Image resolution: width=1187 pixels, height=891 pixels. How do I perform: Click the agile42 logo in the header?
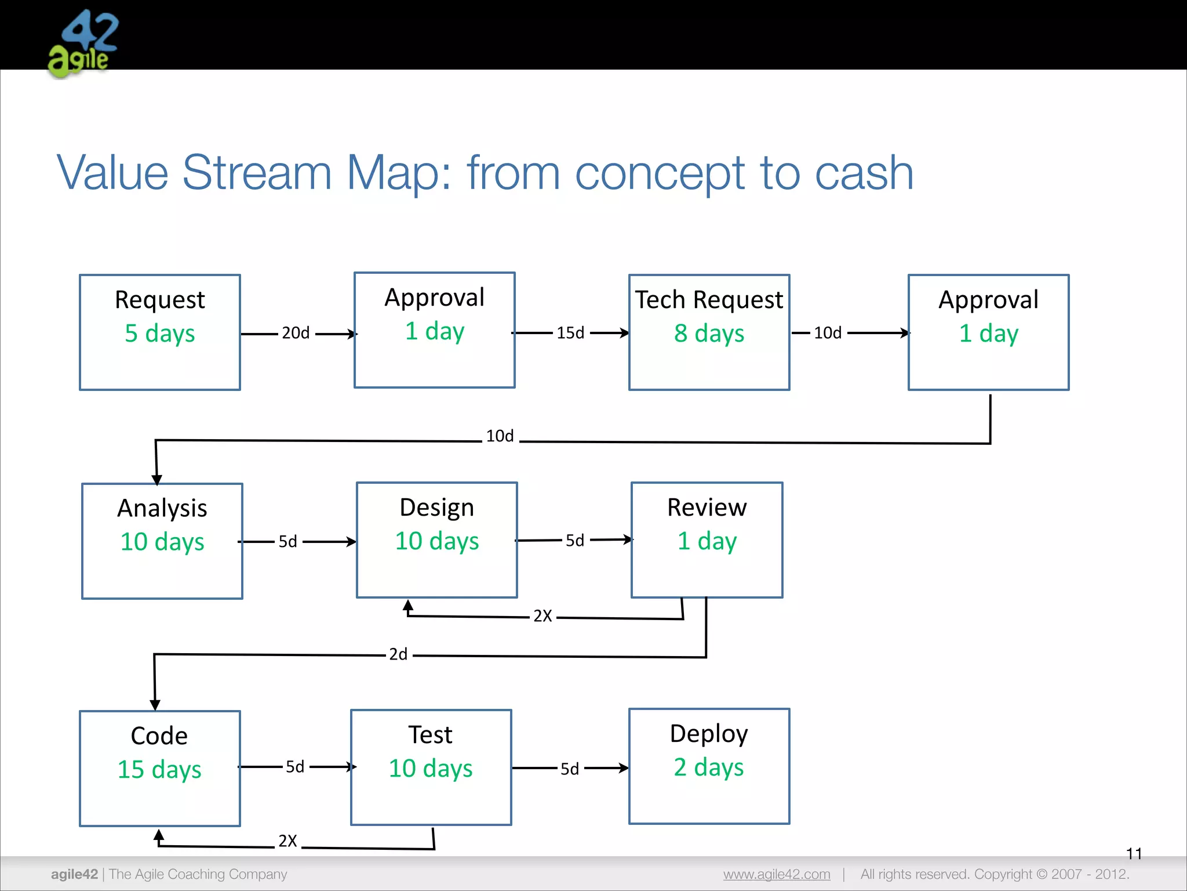83,44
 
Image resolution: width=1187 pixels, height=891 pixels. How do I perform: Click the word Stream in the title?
257,172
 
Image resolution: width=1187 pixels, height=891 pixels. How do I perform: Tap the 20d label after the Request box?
296,333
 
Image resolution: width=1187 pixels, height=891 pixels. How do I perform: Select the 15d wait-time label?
570,333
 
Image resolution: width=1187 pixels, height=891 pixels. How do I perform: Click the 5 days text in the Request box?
160,334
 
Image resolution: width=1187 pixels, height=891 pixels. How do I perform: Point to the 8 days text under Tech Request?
709,334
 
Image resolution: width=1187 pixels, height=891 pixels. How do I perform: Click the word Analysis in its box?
162,508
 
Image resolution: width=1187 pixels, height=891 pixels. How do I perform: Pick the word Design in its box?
436,508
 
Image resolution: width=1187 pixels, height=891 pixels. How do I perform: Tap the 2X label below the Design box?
542,616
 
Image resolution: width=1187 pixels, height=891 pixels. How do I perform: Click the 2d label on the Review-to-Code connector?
398,654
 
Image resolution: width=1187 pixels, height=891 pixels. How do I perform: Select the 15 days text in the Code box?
159,770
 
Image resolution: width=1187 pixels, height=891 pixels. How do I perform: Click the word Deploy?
709,734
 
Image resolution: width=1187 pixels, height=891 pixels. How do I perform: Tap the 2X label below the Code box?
287,841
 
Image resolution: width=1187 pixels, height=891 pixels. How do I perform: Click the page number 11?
1134,853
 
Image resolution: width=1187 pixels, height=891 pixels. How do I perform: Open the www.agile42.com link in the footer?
776,874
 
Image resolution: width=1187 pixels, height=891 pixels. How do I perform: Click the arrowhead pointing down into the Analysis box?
156,480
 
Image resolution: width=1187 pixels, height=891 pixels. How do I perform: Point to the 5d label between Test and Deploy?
570,769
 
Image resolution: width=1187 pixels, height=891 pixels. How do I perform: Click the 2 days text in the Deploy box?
708,767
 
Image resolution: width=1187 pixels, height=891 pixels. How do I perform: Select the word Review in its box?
707,508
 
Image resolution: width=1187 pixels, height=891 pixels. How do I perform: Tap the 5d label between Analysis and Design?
287,542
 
